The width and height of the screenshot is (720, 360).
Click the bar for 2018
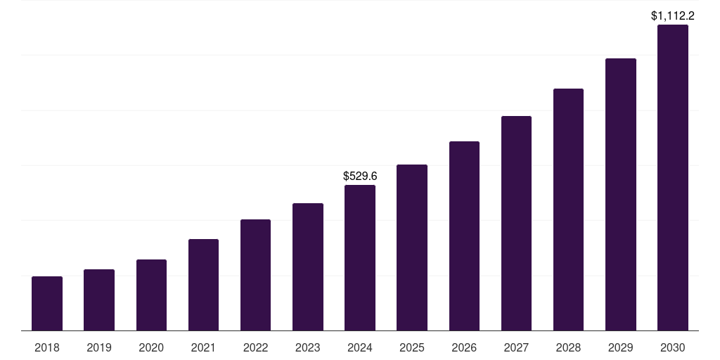(47, 303)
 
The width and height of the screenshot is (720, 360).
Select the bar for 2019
(99, 300)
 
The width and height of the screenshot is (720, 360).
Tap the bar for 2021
(203, 285)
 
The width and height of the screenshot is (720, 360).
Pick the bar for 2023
(308, 266)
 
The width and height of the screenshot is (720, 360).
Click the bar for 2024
(360, 257)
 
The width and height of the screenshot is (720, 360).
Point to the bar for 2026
(464, 236)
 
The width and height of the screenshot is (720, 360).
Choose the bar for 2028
(568, 210)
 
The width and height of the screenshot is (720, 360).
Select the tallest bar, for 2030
(673, 177)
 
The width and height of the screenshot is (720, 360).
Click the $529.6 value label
(360, 176)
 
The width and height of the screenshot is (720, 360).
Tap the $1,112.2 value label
(673, 15)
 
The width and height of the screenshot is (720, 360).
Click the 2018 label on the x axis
(47, 347)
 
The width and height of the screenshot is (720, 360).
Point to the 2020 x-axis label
(151, 347)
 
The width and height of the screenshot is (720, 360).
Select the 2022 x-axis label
(255, 347)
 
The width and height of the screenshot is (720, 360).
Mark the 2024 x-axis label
(360, 347)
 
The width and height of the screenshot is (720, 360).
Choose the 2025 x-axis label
(412, 347)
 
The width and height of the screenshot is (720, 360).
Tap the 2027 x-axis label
(516, 347)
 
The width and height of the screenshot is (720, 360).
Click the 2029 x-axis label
(620, 347)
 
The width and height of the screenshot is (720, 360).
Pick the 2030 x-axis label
(673, 347)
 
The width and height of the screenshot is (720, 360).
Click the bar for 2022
(255, 275)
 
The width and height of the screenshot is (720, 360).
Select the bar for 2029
(620, 194)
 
